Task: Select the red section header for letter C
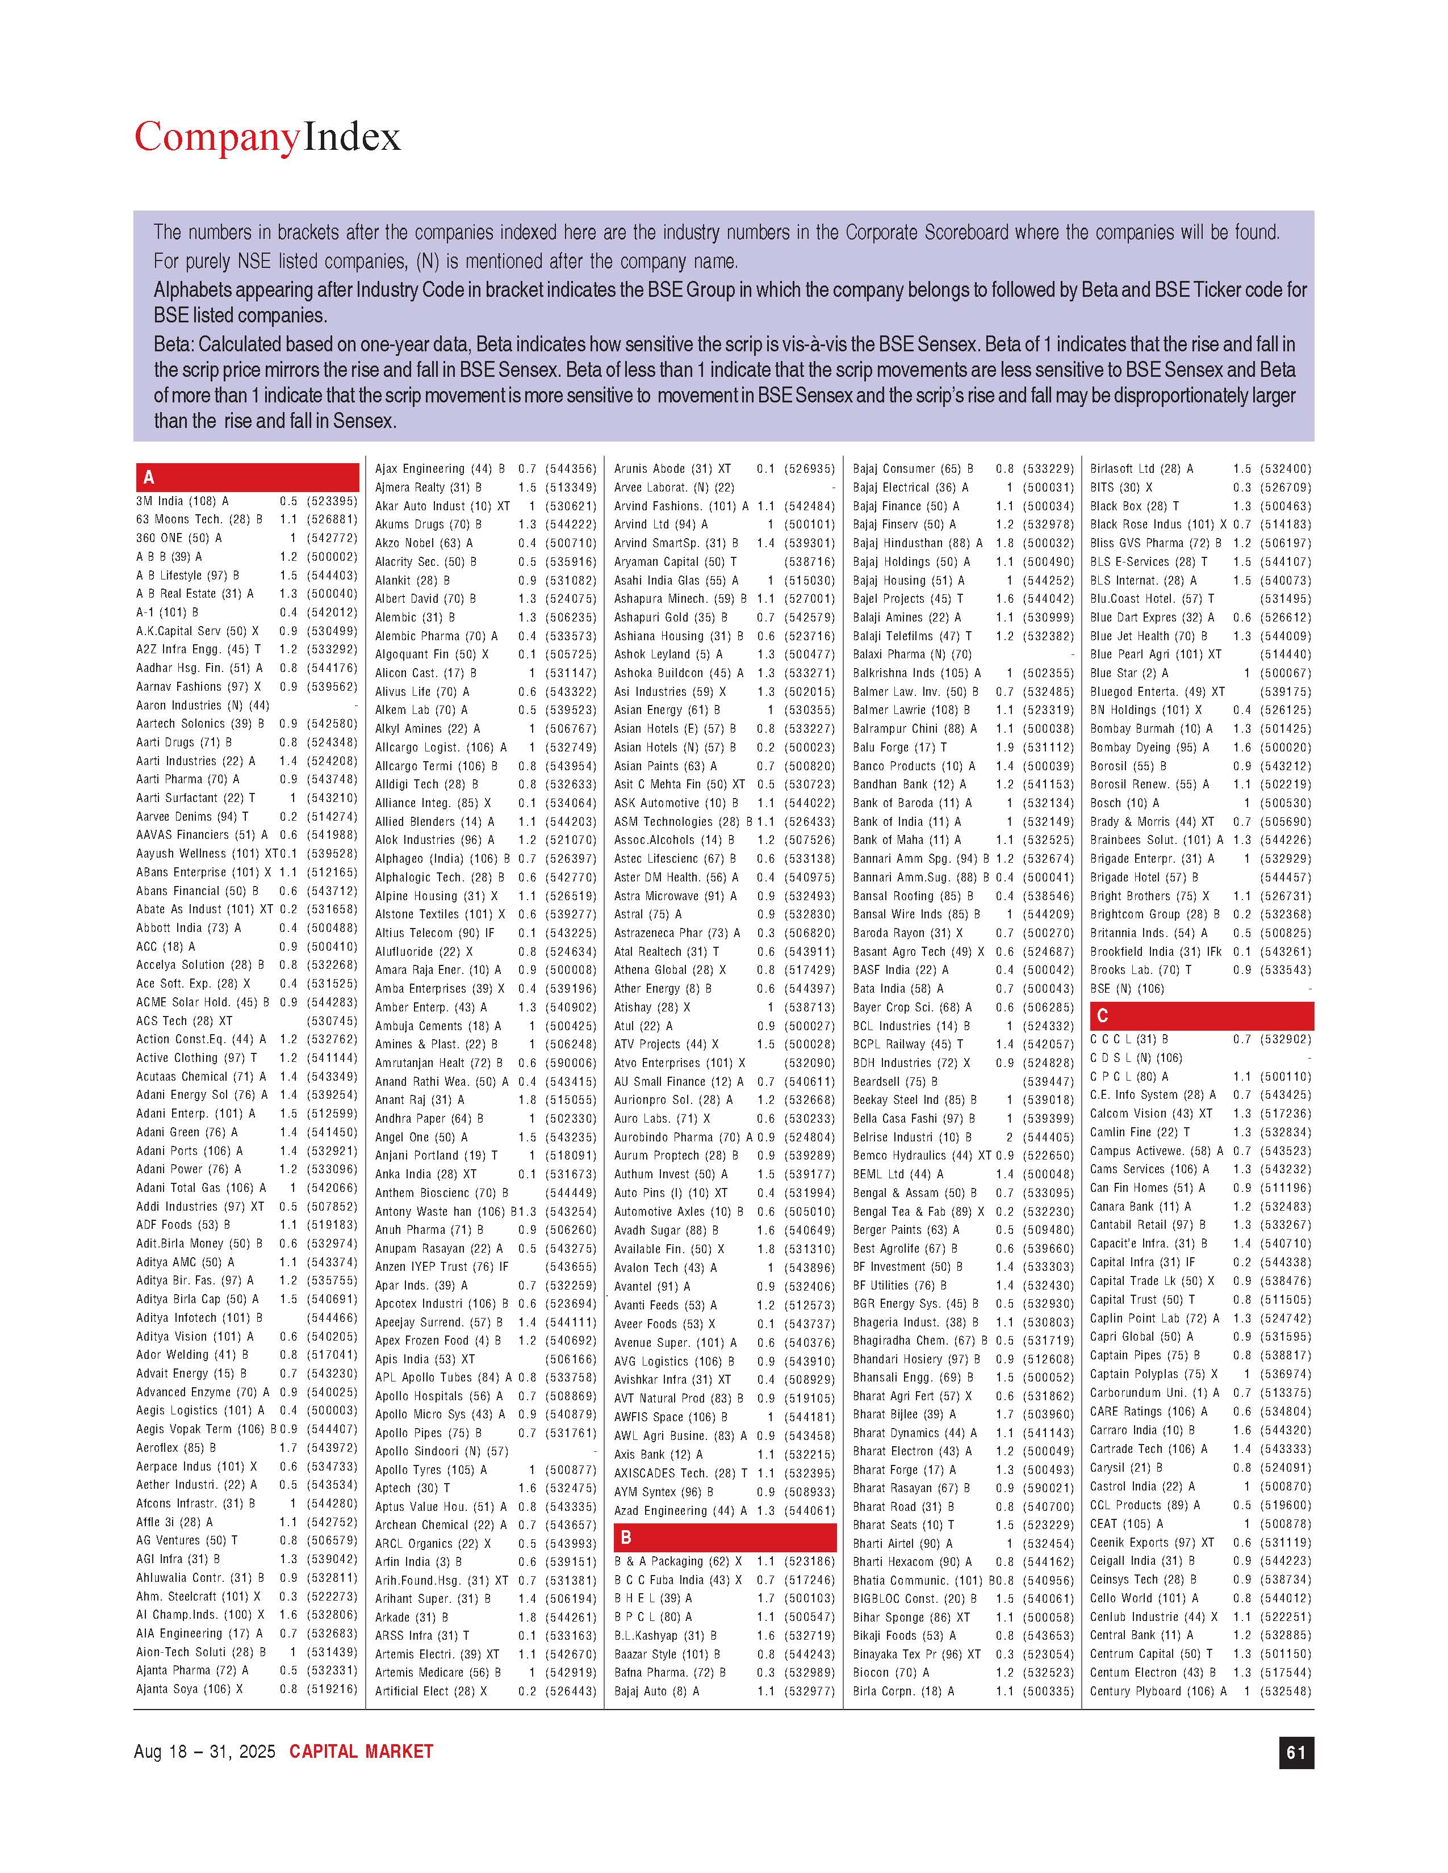tap(1201, 1015)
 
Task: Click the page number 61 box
tap(1295, 1752)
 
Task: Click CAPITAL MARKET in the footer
tap(361, 1751)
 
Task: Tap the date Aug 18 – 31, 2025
tap(204, 1751)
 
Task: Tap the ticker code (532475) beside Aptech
tap(571, 1488)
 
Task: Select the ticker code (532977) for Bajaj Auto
tap(809, 1691)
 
